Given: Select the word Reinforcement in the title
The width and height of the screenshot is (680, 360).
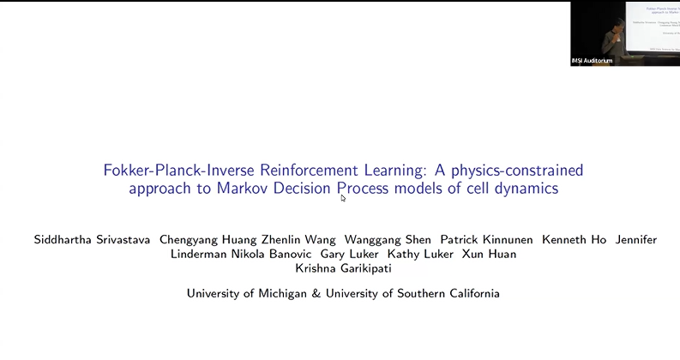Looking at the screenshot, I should (311, 170).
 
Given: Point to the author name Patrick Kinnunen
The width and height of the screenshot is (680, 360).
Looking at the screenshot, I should (484, 240).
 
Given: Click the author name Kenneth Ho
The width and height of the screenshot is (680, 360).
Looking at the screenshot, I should (575, 240).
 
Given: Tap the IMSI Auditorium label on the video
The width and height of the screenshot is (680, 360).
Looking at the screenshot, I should (593, 61).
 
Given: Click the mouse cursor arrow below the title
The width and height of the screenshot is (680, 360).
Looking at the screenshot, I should (343, 198).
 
